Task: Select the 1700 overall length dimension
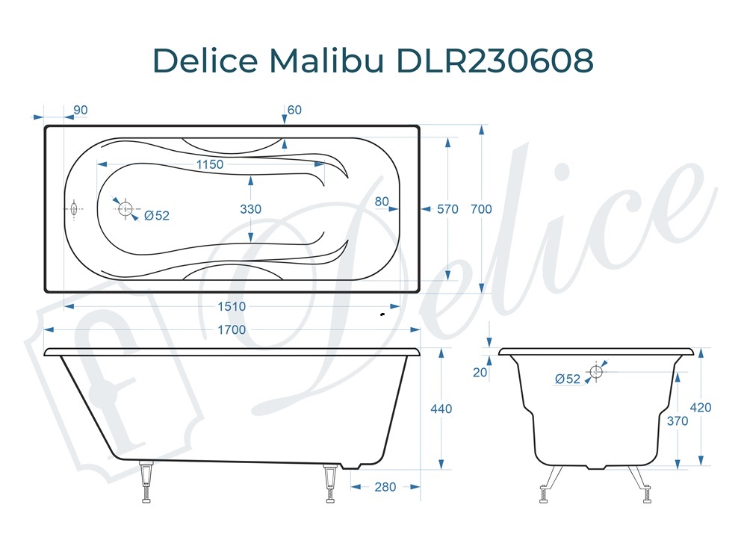pos(232,329)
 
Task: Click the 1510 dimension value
pos(232,306)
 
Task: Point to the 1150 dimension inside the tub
pos(210,164)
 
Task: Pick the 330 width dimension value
pos(251,209)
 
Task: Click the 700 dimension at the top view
pos(482,209)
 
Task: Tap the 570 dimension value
pos(447,209)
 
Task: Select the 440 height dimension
pos(441,409)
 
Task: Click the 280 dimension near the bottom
pos(385,487)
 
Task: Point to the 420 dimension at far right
pos(701,408)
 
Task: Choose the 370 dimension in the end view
pos(678,421)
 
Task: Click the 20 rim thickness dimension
pos(480,373)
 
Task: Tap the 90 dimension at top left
pos(81,110)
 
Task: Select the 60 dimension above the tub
pos(294,110)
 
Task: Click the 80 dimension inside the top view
pos(382,200)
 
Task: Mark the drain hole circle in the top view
pos(125,208)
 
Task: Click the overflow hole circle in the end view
pos(596,371)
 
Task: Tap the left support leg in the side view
pos(147,483)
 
